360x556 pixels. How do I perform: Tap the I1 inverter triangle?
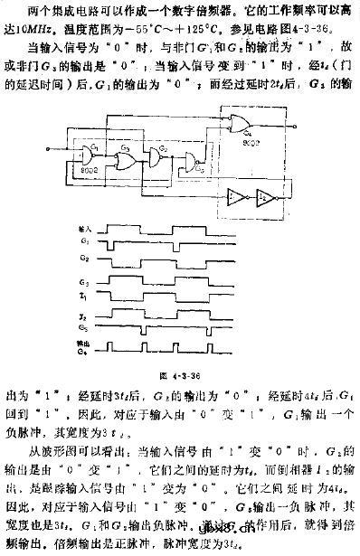238,193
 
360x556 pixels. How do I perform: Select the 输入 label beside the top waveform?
87,231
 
